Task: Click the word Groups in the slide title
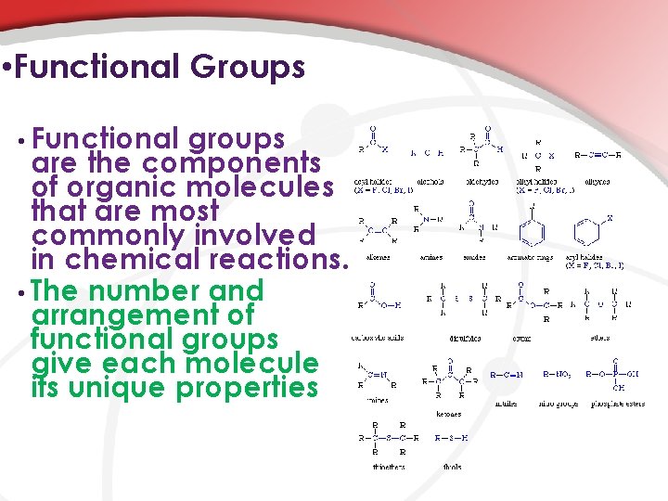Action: coord(248,68)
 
